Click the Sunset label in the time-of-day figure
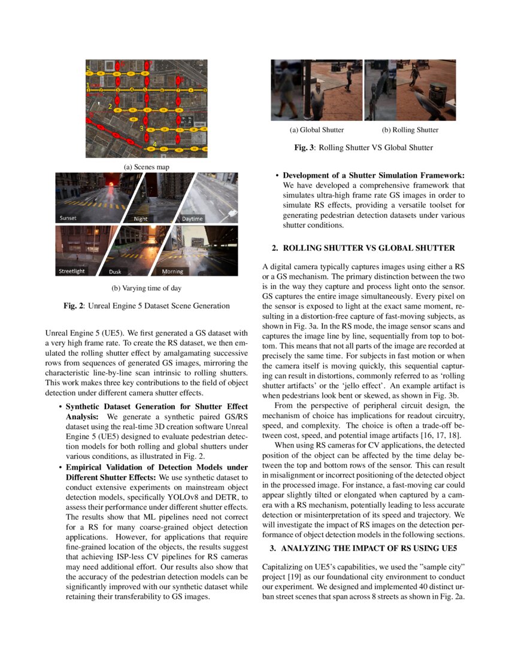click(68, 218)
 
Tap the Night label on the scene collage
click(141, 219)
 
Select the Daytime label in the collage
click(192, 219)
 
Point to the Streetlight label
click(72, 271)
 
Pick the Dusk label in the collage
click(115, 272)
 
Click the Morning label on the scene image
click(172, 271)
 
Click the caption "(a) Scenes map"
click(146, 166)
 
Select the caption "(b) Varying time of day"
click(146, 288)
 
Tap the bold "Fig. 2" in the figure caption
click(74, 306)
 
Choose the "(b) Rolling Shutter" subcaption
click(410, 130)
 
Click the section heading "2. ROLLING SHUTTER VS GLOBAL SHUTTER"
click(363, 248)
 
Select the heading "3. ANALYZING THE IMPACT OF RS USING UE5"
click(363, 547)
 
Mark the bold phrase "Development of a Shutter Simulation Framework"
click(374, 175)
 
